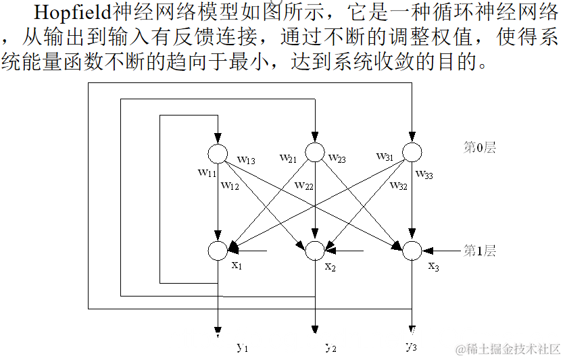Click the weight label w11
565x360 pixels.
(x=207, y=172)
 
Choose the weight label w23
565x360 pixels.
(x=337, y=159)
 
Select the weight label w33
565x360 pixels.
(x=424, y=174)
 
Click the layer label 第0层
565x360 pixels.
(x=479, y=148)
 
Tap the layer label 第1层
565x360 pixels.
(x=479, y=251)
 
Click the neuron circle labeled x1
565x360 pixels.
(x=218, y=251)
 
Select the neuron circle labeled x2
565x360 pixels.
(x=315, y=251)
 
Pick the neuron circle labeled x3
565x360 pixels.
(x=412, y=251)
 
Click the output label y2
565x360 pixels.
(x=330, y=348)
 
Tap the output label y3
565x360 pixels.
(x=411, y=347)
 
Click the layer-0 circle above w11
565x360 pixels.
(x=218, y=153)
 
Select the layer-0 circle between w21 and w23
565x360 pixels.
(x=315, y=153)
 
